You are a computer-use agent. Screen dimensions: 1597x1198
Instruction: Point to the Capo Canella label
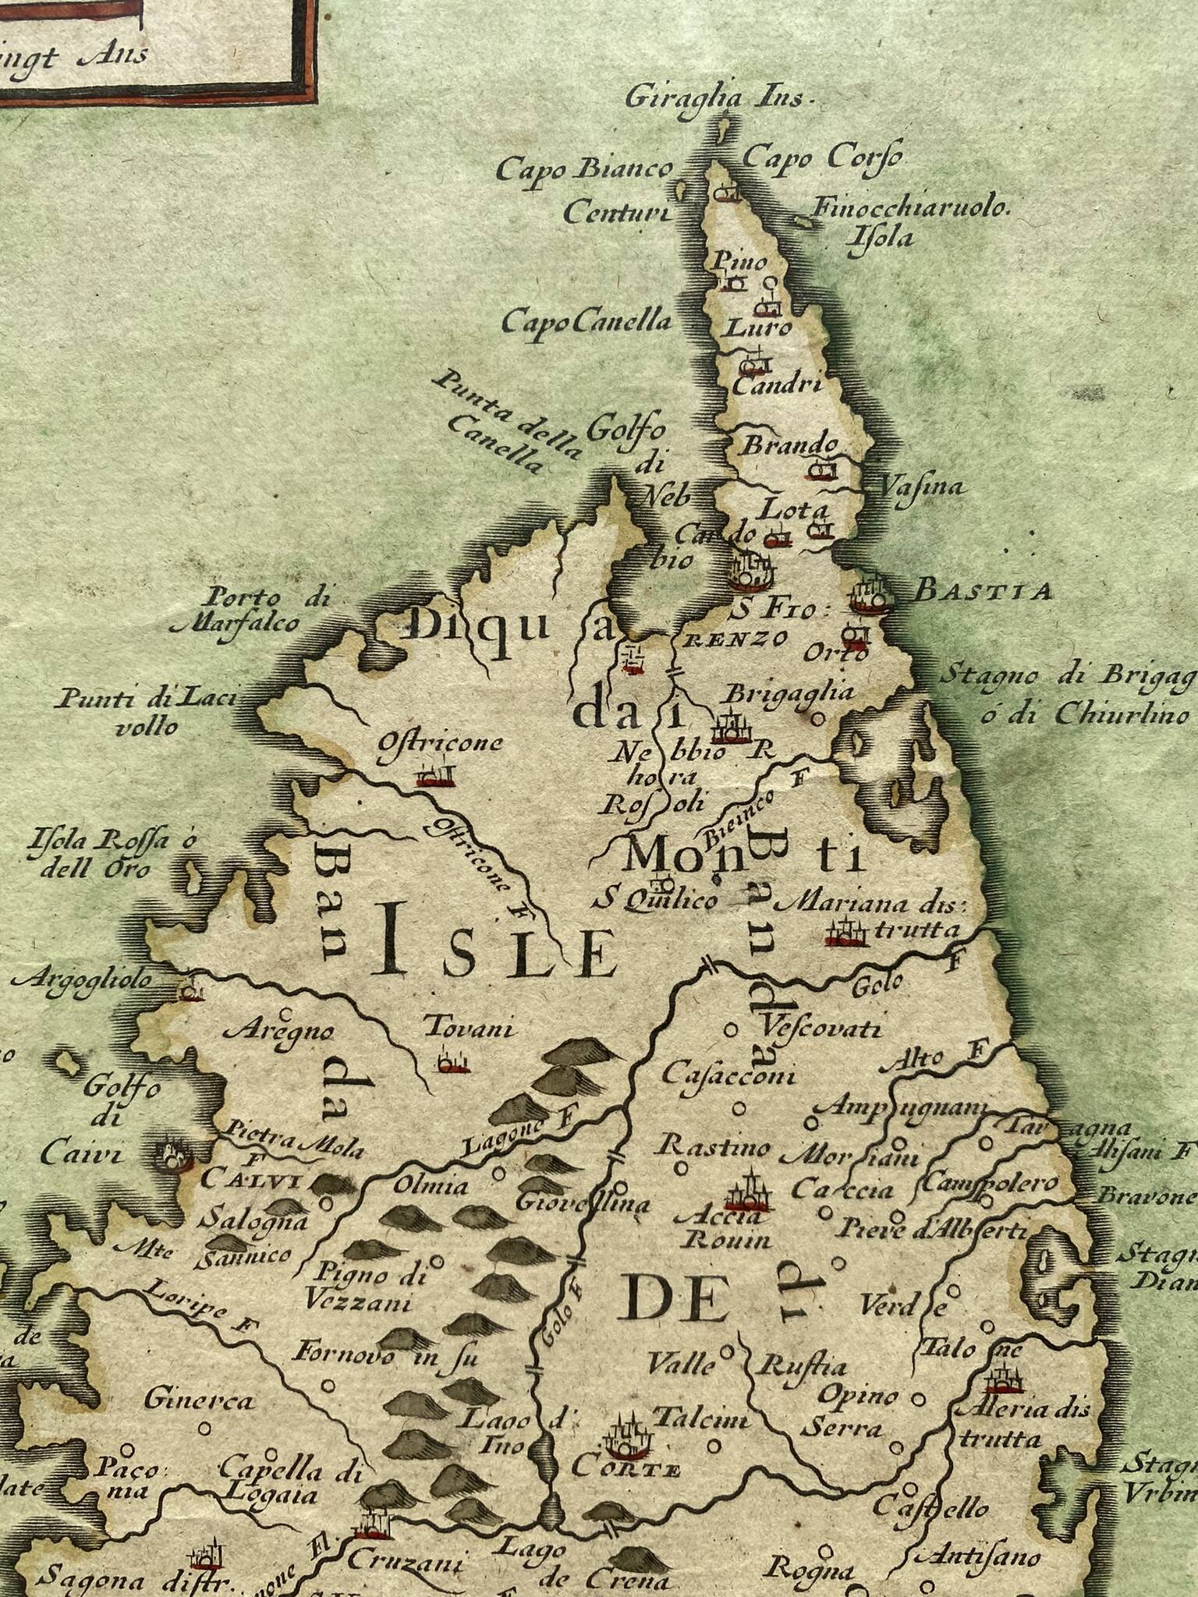tap(587, 320)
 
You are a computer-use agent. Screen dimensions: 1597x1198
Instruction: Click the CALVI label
tap(250, 1180)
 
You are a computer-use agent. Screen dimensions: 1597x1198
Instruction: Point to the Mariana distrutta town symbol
tap(847, 933)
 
